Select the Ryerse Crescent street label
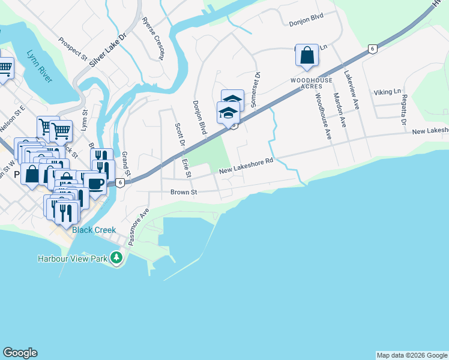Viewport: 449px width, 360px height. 152,38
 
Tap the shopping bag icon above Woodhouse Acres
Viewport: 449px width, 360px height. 307,55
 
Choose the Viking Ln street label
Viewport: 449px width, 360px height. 387,92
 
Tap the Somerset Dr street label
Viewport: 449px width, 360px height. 257,89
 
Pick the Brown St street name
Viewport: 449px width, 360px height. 184,193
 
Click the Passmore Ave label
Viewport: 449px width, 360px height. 138,227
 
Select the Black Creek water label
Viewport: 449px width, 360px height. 94,230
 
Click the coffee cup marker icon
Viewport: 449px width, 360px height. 95,182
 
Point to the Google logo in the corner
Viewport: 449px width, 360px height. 20,353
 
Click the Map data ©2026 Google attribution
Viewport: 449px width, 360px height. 412,355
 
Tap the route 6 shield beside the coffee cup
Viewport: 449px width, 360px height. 121,183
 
